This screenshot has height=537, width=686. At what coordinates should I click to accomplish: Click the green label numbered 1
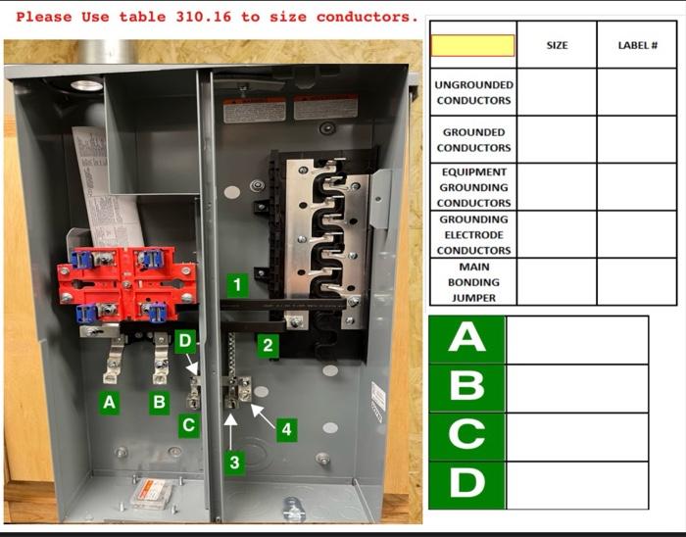point(235,285)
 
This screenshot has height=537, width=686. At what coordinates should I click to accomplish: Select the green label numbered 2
point(266,345)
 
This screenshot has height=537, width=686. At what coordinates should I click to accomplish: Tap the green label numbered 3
point(233,464)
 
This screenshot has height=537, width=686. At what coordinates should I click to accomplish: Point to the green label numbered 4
point(286,428)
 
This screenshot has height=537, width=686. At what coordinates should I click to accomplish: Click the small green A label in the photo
point(109,402)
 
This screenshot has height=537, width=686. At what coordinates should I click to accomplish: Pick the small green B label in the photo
point(159,402)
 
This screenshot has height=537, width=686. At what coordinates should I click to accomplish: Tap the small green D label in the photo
point(185,341)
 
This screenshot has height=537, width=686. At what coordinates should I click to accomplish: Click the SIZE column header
point(556,45)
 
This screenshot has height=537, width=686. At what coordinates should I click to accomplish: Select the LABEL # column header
point(636,45)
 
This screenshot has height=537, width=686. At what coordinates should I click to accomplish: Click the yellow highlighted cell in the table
point(473,45)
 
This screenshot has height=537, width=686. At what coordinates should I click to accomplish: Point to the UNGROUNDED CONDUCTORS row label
point(473,92)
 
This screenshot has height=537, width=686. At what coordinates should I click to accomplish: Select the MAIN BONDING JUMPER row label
point(473,282)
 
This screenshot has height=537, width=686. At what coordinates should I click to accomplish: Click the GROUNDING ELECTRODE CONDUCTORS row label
point(473,235)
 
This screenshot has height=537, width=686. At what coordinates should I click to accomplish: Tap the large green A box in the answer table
point(466,339)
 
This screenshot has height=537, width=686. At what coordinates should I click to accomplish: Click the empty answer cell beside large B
point(576,388)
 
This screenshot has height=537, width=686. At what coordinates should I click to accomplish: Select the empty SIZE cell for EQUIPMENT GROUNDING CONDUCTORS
point(556,186)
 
